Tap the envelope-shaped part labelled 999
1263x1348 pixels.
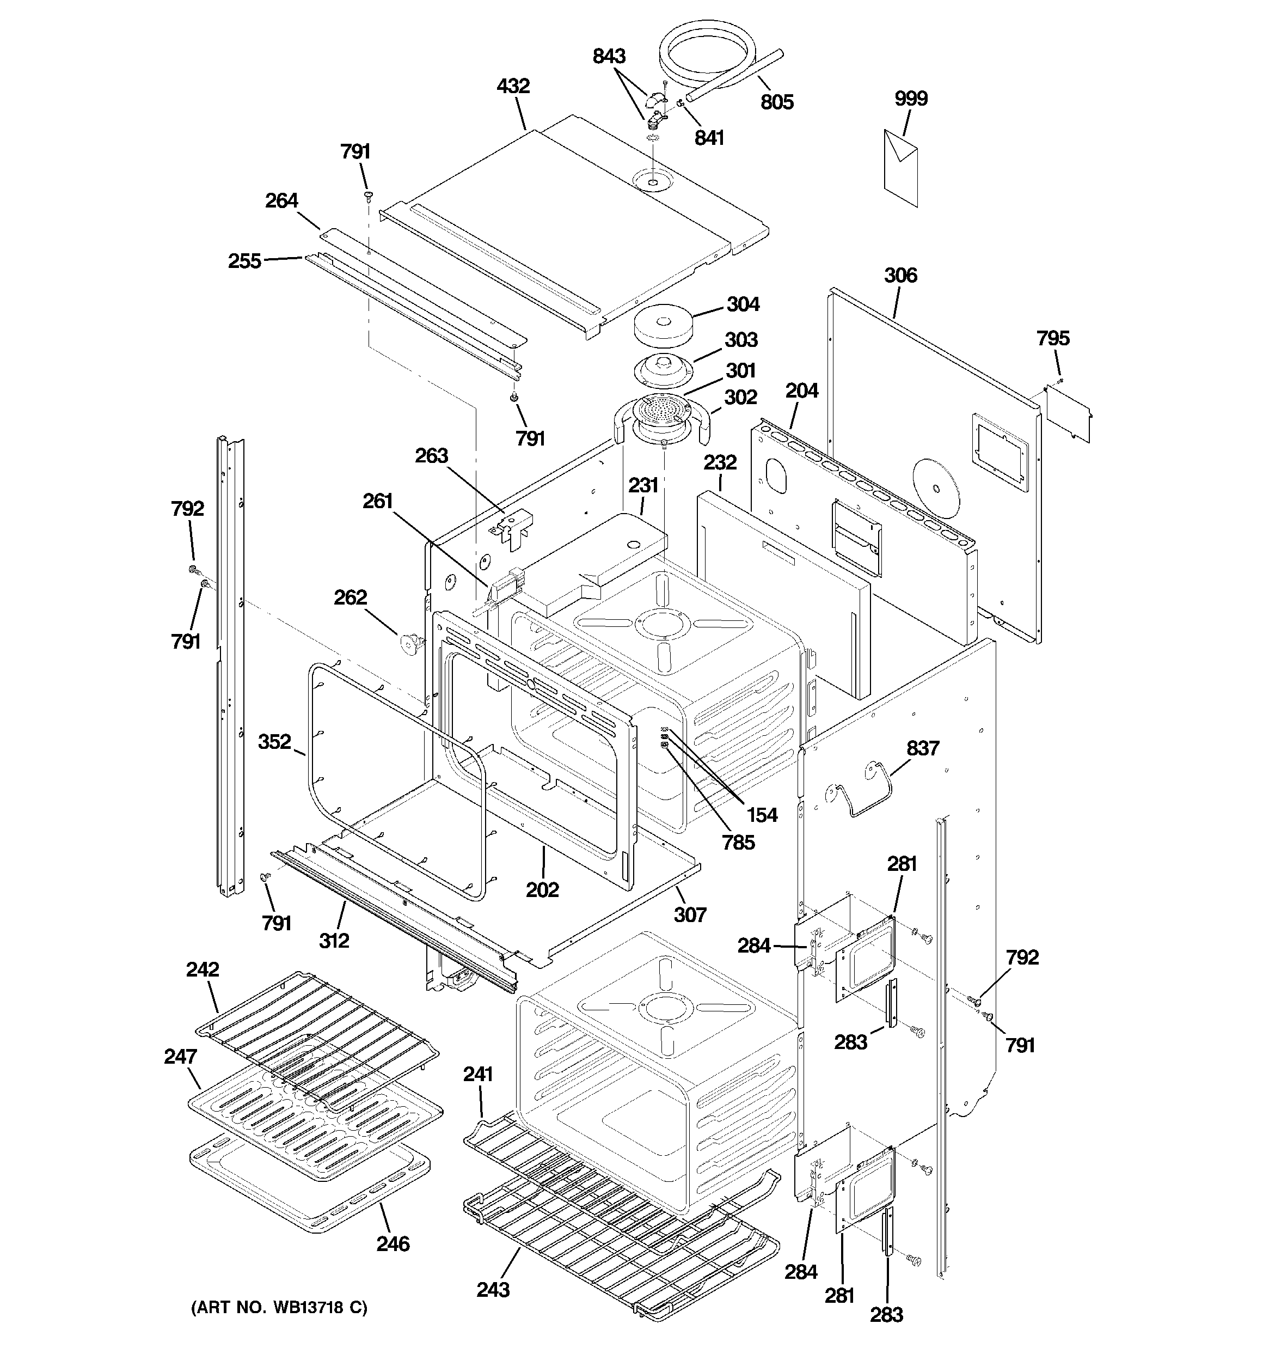coord(901,168)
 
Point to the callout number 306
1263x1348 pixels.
coord(900,275)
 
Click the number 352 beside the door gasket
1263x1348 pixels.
coord(274,741)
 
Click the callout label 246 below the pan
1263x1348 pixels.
coord(393,1243)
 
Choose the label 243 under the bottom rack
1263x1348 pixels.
coord(493,1288)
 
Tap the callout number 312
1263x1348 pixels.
coord(334,940)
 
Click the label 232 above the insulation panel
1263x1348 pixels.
coord(719,462)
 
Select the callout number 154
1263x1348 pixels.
coord(762,814)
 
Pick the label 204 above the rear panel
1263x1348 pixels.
coord(801,391)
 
